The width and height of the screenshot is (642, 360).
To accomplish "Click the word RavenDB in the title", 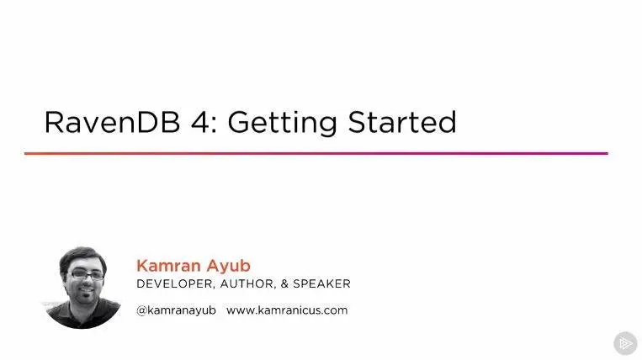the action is [x=112, y=122].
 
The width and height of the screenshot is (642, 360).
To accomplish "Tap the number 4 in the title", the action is [x=201, y=122].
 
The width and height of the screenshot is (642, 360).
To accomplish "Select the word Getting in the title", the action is [x=283, y=123].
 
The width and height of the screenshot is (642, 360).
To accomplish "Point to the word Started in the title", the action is [x=402, y=122].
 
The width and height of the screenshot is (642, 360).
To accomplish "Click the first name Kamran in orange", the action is [x=168, y=266].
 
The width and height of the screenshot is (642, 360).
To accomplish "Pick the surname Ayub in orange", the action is [x=229, y=267].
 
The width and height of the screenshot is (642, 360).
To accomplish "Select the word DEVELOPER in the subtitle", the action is [x=175, y=284].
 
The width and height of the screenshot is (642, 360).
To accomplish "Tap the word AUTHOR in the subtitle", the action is [x=247, y=284].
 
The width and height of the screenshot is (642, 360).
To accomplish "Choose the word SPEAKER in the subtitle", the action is [x=321, y=284].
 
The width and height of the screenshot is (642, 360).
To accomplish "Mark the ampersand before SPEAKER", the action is [x=284, y=284].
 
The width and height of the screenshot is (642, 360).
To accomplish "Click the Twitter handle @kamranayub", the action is [x=177, y=310].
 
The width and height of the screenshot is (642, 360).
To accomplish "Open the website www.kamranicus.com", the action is [x=287, y=310].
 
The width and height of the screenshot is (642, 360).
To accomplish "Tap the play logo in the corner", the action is [x=625, y=343].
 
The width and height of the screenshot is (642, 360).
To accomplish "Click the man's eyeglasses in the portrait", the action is [x=86, y=274].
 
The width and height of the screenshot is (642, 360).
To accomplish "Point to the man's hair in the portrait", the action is [x=82, y=256].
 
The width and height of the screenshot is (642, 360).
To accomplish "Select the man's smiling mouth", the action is [x=87, y=291].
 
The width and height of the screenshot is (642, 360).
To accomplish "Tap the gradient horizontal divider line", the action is [x=316, y=153].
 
